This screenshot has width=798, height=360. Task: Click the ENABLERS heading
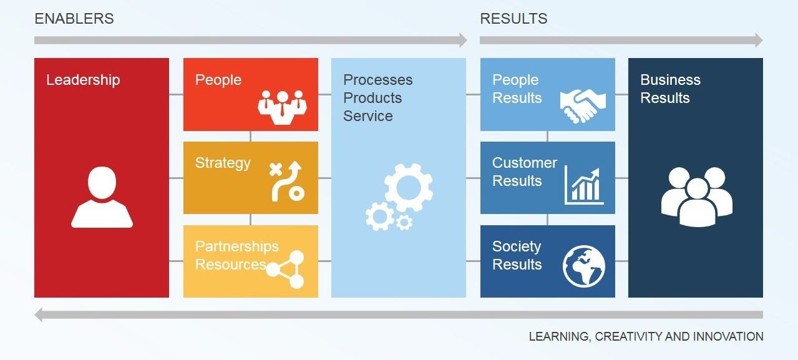(74, 19)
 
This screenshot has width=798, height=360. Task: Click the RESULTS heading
(513, 19)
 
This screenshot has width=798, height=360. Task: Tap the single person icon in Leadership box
(102, 197)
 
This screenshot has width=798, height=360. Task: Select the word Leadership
(83, 80)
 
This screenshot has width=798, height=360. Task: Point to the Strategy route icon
(286, 181)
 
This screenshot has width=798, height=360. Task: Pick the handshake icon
(582, 105)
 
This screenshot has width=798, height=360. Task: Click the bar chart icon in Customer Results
(584, 185)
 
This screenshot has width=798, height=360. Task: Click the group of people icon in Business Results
(696, 196)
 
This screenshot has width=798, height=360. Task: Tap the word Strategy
(223, 163)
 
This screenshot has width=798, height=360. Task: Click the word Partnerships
(236, 246)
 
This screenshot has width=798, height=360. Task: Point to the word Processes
(377, 80)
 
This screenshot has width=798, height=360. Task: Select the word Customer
(524, 163)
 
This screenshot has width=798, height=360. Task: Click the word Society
(517, 246)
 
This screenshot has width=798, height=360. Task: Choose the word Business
(670, 80)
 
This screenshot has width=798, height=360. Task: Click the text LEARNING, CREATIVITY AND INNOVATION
(646, 337)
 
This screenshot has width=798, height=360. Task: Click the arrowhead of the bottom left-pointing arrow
(40, 314)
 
